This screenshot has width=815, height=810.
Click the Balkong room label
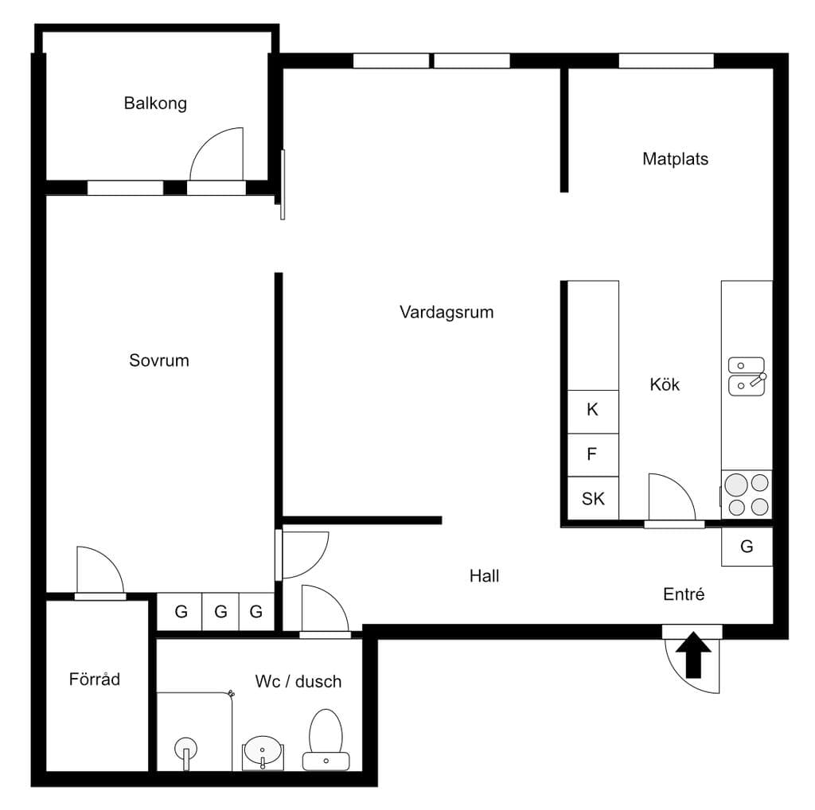click(155, 103)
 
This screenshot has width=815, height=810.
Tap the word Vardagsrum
click(446, 312)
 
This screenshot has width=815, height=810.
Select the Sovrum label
click(159, 360)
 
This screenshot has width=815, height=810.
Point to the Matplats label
click(675, 159)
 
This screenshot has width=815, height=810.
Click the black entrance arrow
click(693, 655)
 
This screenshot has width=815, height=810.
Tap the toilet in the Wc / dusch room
click(326, 740)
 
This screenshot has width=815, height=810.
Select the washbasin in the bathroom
click(263, 753)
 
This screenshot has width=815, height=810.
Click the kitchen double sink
click(747, 376)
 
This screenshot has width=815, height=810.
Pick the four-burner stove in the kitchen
click(747, 494)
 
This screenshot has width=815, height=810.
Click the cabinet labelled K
click(592, 411)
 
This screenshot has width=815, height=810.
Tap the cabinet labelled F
click(592, 454)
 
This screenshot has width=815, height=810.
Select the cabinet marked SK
click(592, 498)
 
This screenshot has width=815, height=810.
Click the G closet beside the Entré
click(747, 547)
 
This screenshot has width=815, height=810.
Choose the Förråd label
click(95, 679)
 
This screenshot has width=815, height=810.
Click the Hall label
click(485, 576)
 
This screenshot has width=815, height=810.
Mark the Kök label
click(665, 384)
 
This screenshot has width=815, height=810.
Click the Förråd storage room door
click(100, 597)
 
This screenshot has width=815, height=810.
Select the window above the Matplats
click(666, 60)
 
